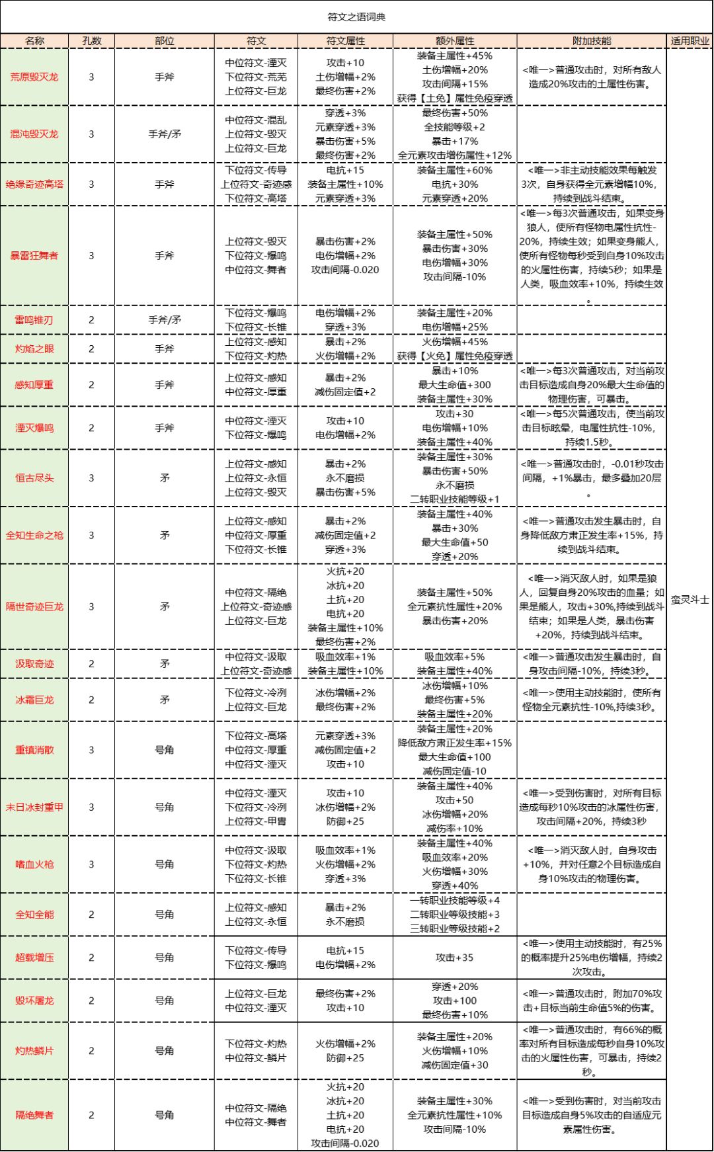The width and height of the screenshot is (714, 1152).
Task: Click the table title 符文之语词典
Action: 356,17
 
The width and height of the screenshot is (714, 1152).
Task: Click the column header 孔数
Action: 92,41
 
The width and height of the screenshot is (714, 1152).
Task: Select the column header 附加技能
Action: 592,41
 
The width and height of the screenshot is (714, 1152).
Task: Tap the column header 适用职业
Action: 690,41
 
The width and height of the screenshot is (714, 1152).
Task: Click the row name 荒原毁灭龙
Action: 34,77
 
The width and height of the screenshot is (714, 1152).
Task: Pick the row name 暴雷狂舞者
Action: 34,255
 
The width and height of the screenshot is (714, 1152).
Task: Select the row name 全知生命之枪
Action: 34,535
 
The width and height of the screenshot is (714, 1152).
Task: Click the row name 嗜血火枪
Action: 34,864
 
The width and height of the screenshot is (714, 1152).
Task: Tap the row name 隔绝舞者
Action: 34,1115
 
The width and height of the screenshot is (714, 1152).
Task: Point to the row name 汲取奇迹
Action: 34,663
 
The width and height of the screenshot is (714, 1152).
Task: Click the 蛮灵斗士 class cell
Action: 690,600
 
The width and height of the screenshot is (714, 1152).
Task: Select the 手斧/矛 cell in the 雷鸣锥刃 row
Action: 165,320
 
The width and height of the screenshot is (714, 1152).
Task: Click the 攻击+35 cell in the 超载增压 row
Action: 455,958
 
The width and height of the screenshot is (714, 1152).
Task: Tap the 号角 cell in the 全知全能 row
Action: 165,915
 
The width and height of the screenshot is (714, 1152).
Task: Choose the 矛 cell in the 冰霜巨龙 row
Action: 165,700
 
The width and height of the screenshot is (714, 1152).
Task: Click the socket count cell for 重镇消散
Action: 92,750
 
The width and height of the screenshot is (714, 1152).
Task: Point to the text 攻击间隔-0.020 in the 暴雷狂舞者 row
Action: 345,270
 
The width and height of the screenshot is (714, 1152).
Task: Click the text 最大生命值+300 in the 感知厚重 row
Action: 455,385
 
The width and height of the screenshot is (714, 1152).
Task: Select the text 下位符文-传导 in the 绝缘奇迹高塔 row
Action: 256,170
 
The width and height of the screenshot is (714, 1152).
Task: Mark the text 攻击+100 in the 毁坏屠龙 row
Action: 455,1001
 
